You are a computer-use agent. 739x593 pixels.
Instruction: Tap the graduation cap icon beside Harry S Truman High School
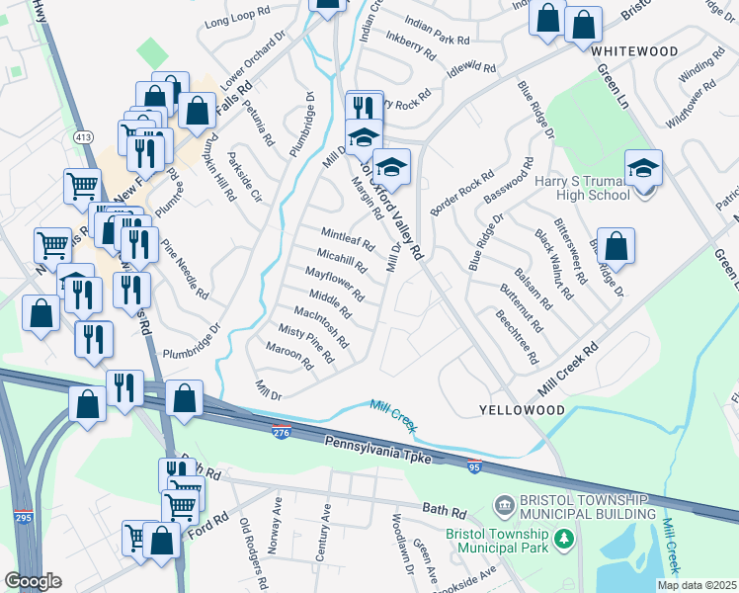643,169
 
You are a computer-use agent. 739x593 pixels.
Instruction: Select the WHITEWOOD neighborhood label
636,50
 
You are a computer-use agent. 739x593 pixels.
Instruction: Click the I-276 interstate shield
282,431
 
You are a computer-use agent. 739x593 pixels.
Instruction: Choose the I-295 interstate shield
23,517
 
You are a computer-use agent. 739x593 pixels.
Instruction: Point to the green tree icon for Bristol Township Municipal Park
563,539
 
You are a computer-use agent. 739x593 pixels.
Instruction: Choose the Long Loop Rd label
236,22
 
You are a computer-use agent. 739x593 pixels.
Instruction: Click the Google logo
34,581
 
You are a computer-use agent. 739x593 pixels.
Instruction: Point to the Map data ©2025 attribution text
696,584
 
